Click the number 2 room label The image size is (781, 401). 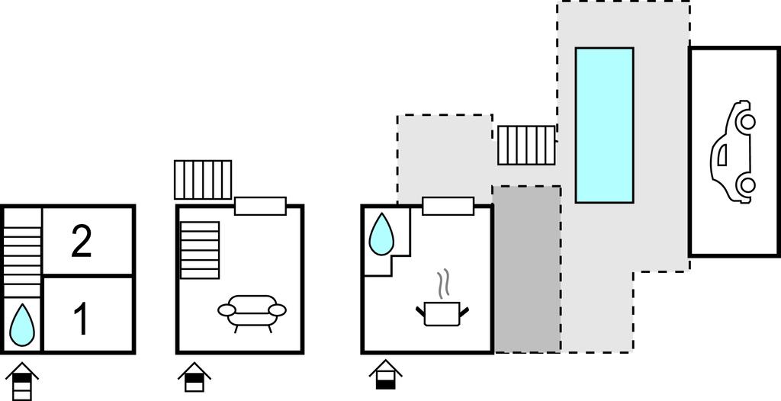82,241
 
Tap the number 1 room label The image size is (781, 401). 81,320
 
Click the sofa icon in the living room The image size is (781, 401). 252,310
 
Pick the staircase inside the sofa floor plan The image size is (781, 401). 200,250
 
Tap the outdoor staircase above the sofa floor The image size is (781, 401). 203,180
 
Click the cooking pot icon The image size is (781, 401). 442,312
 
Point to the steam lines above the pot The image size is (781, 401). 442,284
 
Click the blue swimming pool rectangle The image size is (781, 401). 604,125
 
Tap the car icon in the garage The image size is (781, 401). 734,152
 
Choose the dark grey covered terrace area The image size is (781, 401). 527,268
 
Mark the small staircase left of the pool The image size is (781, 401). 526,145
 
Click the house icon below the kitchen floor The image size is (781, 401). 387,374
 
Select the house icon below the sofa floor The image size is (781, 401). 194,376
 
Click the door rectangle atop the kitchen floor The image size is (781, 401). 448,206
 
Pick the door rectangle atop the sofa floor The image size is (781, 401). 260,206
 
